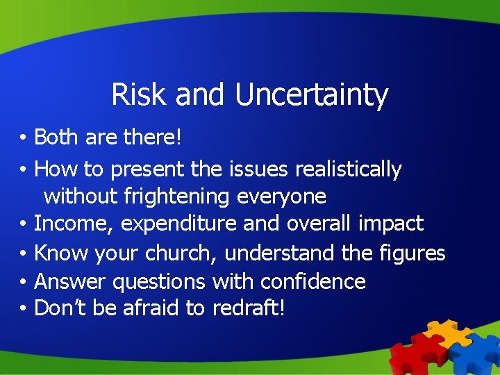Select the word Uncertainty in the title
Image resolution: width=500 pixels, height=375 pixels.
click(x=311, y=96)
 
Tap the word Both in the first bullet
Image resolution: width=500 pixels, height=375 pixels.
click(x=56, y=137)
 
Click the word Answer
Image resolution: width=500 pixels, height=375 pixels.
click(x=69, y=281)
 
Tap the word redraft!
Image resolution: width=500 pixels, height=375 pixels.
click(x=247, y=308)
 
